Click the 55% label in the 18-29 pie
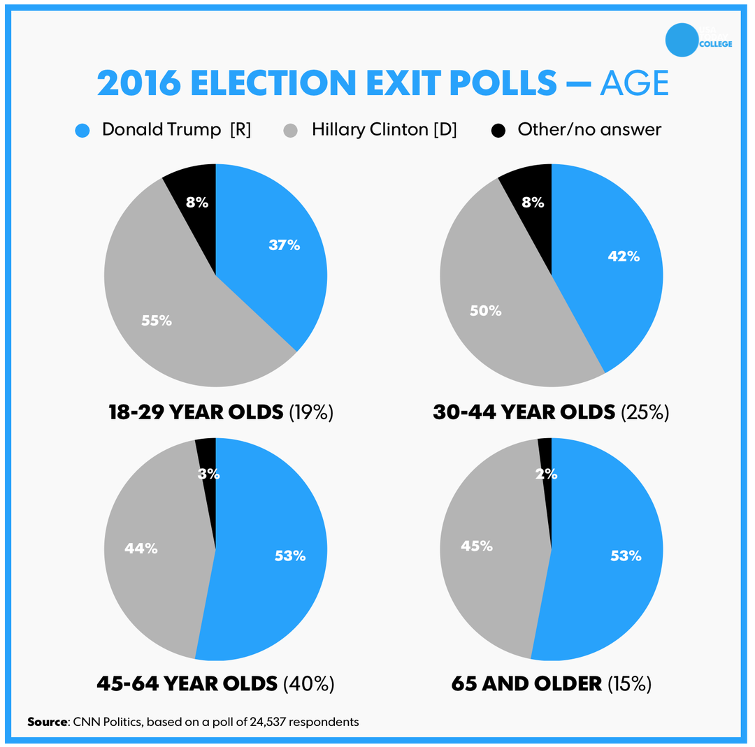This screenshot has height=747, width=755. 156,321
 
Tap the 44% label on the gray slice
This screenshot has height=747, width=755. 141,549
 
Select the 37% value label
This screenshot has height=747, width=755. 285,245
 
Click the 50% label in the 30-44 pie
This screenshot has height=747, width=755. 486,310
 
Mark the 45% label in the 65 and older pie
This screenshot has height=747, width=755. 477,546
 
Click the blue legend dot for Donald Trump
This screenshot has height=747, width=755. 82,131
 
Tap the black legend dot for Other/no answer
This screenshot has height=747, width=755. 498,131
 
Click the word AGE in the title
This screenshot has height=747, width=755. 634,84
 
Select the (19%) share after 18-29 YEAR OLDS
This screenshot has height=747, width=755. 311,412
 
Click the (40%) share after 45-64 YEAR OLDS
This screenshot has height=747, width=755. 309,683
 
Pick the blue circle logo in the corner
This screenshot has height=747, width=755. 682,40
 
